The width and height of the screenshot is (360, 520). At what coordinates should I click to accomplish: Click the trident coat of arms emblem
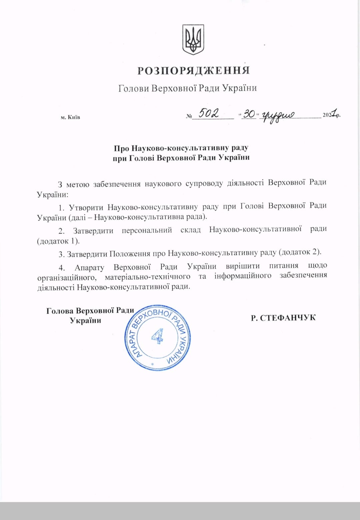[193, 40]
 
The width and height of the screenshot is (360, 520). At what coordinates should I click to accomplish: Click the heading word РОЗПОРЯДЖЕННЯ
[194, 71]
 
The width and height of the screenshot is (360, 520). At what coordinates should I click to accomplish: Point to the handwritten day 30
[249, 114]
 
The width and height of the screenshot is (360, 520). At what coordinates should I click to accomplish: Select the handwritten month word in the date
[278, 115]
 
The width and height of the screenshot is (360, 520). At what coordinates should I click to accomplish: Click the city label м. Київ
[70, 117]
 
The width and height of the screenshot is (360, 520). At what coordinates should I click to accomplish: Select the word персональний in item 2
[147, 230]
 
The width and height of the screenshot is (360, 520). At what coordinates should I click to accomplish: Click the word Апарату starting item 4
[89, 267]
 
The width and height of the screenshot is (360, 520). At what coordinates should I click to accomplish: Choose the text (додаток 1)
[58, 241]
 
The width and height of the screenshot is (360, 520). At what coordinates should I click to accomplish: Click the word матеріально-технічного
[147, 276]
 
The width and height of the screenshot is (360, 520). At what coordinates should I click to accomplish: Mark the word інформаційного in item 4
[243, 276]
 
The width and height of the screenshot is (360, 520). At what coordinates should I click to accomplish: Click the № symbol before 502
[189, 116]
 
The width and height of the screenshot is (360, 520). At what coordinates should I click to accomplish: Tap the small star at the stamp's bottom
[153, 364]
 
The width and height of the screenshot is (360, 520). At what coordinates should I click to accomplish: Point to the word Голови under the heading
[133, 88]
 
